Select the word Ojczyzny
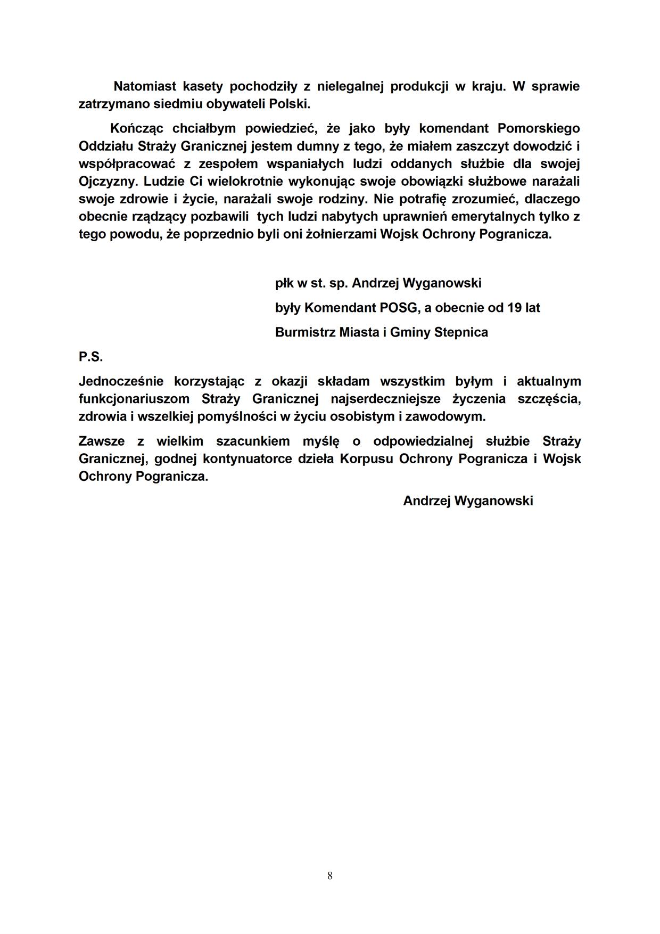(109, 181)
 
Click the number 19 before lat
(515, 308)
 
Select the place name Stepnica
(461, 332)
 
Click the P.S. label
(90, 357)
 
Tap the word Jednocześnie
(121, 381)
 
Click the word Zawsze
(102, 441)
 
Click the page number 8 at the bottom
(330, 875)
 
